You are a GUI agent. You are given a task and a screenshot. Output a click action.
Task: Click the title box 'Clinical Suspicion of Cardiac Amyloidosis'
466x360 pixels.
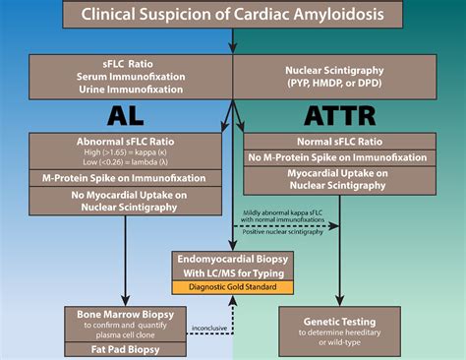(233, 15)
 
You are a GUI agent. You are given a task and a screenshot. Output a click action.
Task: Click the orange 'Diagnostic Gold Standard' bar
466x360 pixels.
(234, 287)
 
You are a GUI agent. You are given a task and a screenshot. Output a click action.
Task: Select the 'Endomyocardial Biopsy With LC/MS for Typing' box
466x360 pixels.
(234, 264)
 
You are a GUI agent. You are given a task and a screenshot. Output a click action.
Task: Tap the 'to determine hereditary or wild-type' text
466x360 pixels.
(340, 337)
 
